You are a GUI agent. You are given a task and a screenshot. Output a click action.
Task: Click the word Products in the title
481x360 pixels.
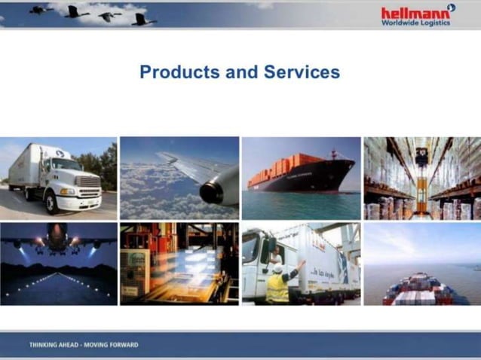[x=172, y=72]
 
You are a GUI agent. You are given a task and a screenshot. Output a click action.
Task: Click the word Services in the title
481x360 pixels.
[x=302, y=72]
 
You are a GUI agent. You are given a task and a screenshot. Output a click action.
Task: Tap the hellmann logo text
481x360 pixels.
[x=414, y=13]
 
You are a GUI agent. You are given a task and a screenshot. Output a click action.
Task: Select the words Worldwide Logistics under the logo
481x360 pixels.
[x=415, y=23]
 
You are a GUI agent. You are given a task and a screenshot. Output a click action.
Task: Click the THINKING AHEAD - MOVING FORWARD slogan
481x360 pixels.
[x=84, y=345]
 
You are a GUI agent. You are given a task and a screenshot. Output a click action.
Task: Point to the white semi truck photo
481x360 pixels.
[x=59, y=178]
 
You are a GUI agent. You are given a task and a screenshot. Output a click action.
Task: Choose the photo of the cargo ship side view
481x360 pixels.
[x=301, y=178]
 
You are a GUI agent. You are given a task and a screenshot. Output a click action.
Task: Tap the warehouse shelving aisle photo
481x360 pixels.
[x=421, y=178]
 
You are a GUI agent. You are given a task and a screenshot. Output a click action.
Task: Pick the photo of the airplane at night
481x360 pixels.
[x=59, y=263]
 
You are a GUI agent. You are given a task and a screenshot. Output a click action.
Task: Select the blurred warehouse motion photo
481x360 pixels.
[x=179, y=263]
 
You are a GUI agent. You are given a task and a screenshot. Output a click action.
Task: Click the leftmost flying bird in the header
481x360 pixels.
[x=40, y=10]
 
